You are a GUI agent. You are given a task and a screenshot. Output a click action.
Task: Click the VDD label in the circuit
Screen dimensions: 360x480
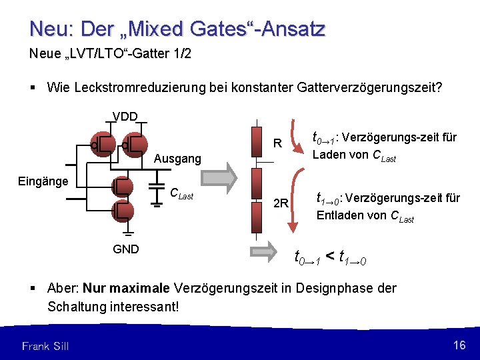(x=125, y=117)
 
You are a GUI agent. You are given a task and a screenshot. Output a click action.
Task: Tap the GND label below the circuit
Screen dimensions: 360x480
(x=125, y=249)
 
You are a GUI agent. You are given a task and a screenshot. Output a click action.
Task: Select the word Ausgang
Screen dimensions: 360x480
(x=177, y=159)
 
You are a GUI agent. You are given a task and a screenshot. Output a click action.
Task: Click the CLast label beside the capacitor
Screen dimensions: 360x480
(x=181, y=194)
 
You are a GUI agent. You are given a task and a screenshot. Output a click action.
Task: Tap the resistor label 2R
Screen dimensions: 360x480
(x=281, y=203)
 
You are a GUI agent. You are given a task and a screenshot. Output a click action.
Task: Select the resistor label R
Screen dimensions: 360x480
(x=279, y=143)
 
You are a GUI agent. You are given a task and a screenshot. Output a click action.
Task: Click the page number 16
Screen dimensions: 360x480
(x=459, y=345)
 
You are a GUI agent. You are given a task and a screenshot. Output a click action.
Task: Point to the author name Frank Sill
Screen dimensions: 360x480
(x=45, y=345)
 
